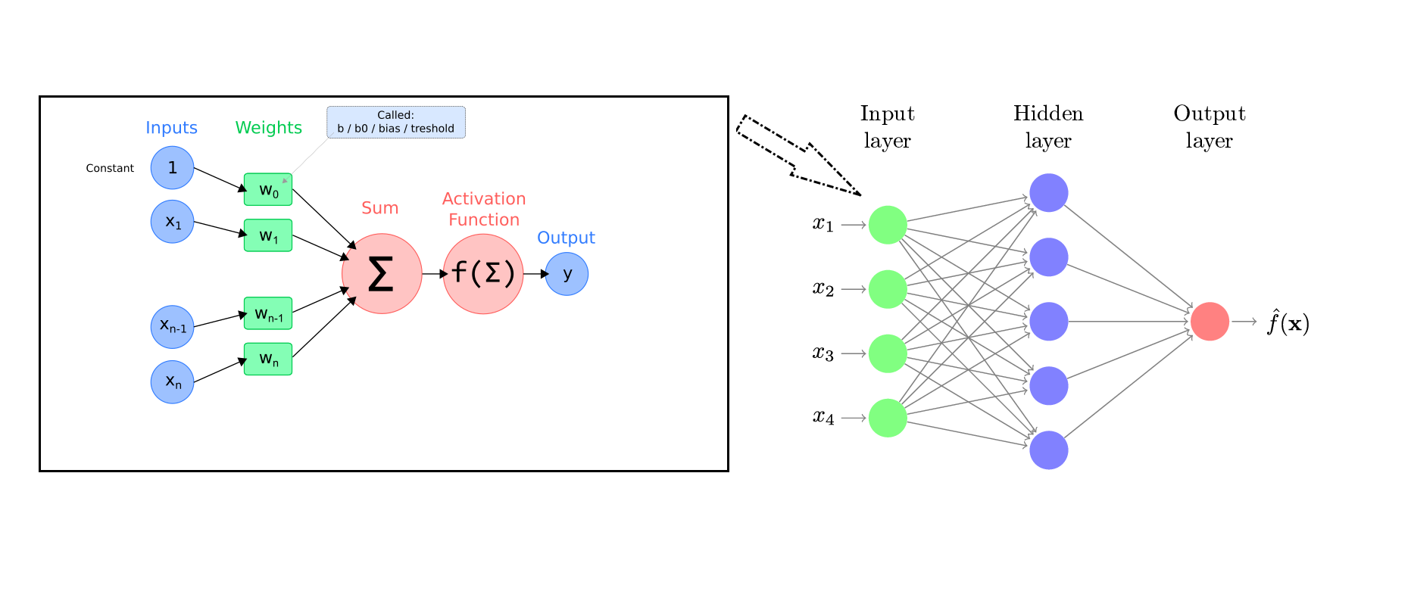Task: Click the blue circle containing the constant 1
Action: pyautogui.click(x=172, y=168)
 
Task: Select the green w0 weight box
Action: pyautogui.click(x=268, y=189)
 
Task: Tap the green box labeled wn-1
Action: pyautogui.click(x=268, y=313)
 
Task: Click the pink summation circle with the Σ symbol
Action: pyautogui.click(x=382, y=274)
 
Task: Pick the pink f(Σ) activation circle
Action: pyautogui.click(x=483, y=274)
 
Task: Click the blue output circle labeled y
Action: pyautogui.click(x=567, y=274)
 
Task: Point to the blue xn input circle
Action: pyautogui.click(x=172, y=381)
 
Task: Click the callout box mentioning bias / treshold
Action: pyautogui.click(x=396, y=123)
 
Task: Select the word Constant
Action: pyautogui.click(x=110, y=168)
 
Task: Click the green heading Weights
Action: pyautogui.click(x=268, y=128)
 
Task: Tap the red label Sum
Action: pyautogui.click(x=379, y=208)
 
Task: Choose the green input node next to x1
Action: pyautogui.click(x=888, y=225)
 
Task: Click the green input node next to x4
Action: pyautogui.click(x=888, y=418)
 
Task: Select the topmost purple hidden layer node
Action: pyautogui.click(x=1049, y=193)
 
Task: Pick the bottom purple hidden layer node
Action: pyautogui.click(x=1049, y=450)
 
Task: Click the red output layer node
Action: pyautogui.click(x=1210, y=322)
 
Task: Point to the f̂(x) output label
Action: pyautogui.click(x=1288, y=323)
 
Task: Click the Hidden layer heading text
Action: pyautogui.click(x=1048, y=127)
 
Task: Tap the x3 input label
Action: pyautogui.click(x=823, y=353)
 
